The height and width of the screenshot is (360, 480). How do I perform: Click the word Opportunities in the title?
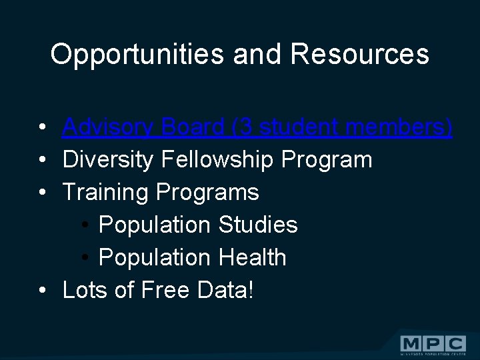click(x=137, y=55)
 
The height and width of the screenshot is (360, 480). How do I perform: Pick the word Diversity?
click(x=107, y=160)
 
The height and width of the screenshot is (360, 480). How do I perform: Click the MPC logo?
click(x=433, y=344)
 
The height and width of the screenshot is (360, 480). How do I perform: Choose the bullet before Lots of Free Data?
click(x=43, y=291)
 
